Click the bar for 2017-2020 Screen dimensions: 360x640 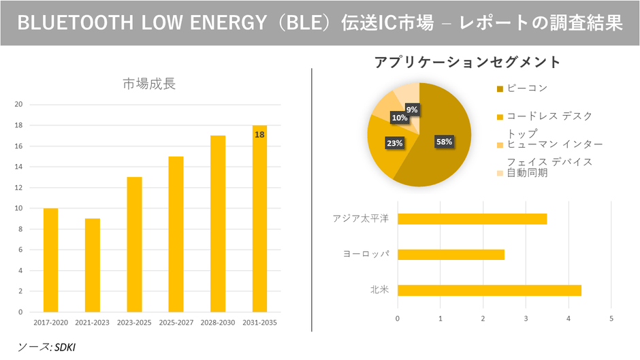click(50, 260)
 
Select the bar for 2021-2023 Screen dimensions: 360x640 click(92, 265)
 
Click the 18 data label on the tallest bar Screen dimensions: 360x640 click(259, 135)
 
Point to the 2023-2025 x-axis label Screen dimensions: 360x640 click(134, 323)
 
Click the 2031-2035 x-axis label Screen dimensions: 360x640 click(259, 323)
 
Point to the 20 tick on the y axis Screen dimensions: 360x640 click(18, 104)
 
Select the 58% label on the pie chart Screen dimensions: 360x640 click(443, 142)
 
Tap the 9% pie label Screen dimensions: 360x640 click(412, 109)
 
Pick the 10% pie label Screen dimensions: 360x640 click(400, 118)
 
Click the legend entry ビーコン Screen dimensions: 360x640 click(528, 88)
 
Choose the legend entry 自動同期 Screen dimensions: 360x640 click(527, 173)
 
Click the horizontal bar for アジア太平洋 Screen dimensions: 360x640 click(472, 218)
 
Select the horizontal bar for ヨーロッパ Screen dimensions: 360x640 click(451, 255)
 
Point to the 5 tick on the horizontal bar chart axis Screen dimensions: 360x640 click(611, 318)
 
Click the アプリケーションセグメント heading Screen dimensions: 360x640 click(468, 62)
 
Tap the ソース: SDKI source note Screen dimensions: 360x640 click(47, 347)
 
